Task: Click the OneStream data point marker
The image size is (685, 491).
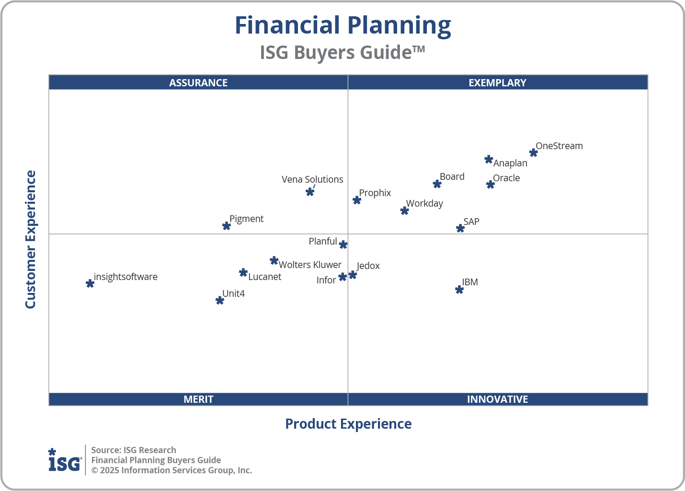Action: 533,153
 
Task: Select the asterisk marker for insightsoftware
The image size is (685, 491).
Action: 90,283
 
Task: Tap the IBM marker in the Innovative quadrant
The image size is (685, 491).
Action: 459,290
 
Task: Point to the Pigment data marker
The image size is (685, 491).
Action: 227,226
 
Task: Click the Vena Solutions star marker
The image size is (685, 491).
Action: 310,192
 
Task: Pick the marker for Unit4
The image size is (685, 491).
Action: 220,301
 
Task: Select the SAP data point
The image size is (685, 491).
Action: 460,228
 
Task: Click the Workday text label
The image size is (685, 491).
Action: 424,203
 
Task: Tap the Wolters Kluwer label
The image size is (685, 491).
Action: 310,265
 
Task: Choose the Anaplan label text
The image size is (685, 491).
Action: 510,163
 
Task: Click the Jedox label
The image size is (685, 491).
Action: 368,266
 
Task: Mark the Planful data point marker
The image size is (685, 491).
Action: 343,245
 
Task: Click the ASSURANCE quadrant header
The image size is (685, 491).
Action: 198,82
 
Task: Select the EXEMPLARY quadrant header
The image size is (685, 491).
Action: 497,82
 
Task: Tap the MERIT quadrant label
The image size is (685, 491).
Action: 198,399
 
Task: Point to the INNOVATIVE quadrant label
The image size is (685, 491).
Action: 497,399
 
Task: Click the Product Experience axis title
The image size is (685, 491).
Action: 348,424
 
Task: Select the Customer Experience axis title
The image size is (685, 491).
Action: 31,240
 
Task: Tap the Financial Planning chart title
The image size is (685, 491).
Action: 342,25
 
